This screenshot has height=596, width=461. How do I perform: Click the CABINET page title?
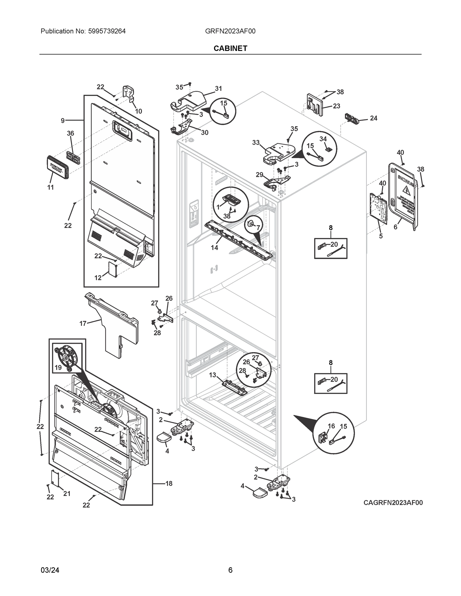click(x=230, y=48)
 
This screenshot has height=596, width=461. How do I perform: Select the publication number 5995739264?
click(x=107, y=31)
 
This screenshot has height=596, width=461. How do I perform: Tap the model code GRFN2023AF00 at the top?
click(x=230, y=31)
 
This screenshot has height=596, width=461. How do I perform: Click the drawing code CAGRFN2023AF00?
click(x=393, y=502)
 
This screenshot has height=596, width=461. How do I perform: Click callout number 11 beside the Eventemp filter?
click(x=50, y=187)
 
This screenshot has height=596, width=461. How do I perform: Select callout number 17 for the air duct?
click(x=83, y=323)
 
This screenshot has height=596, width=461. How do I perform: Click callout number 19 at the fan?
click(x=58, y=367)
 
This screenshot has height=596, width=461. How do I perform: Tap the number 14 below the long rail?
click(x=214, y=248)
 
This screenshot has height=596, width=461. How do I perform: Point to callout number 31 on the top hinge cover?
click(x=218, y=88)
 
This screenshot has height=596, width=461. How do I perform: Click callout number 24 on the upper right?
click(x=373, y=118)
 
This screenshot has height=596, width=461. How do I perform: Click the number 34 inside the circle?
click(x=323, y=139)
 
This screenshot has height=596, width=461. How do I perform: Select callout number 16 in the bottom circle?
click(x=331, y=426)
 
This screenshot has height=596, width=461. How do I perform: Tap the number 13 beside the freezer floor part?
click(x=212, y=375)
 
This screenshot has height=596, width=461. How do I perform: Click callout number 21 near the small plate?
click(x=67, y=493)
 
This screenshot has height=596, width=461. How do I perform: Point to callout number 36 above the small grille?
click(x=71, y=133)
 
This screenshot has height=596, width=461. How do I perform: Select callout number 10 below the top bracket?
click(x=138, y=111)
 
